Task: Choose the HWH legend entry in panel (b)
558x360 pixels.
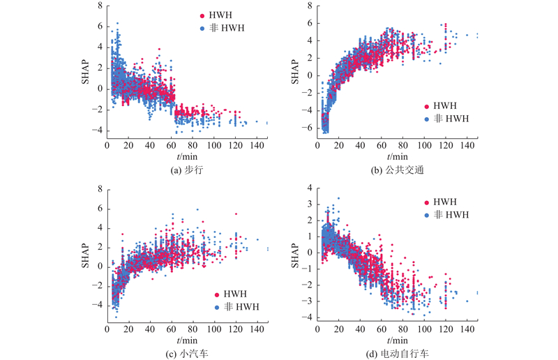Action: (x=442, y=106)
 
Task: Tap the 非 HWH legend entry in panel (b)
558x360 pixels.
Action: (x=446, y=119)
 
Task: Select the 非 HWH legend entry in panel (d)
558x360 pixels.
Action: (x=446, y=213)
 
